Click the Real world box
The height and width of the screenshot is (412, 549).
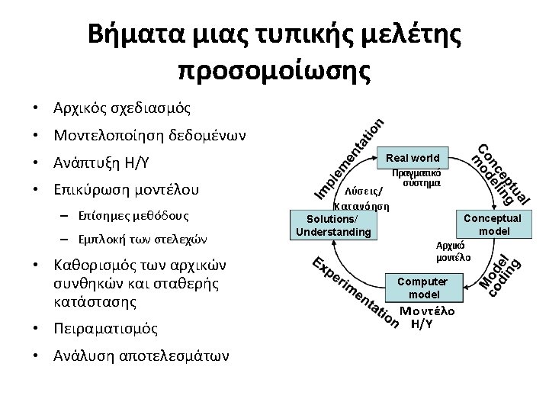point(413,158)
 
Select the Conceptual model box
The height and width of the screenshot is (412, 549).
point(489,224)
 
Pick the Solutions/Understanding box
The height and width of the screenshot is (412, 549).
point(333,225)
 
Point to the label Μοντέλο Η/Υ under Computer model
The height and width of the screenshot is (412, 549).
point(427,317)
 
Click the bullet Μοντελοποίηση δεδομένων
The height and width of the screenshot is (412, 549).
point(149,135)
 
